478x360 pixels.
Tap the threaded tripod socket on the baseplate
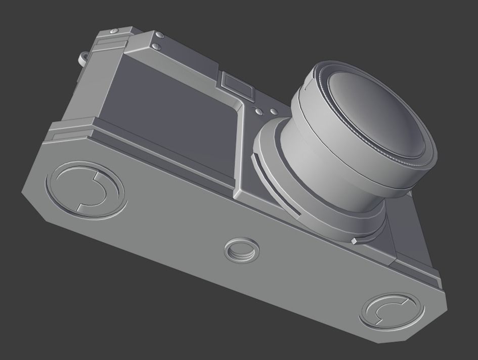tap(240, 250)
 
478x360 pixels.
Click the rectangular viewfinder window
tap(236, 83)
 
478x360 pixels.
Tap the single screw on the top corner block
tap(114, 32)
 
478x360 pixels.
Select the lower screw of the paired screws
tap(156, 47)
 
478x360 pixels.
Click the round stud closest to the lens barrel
tap(274, 112)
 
